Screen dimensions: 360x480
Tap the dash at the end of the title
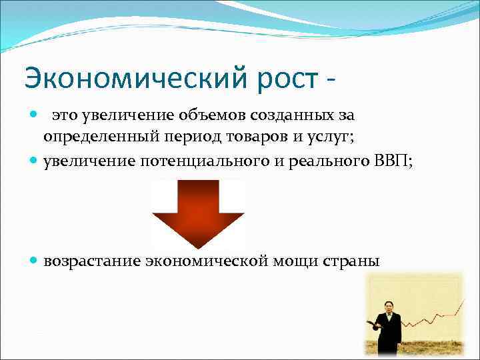coord(330,81)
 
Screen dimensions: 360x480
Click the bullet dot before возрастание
coord(34,260)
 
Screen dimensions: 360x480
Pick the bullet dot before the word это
coord(34,115)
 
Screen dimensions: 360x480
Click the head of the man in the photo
coord(389,303)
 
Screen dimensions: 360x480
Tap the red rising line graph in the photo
coord(433,317)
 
